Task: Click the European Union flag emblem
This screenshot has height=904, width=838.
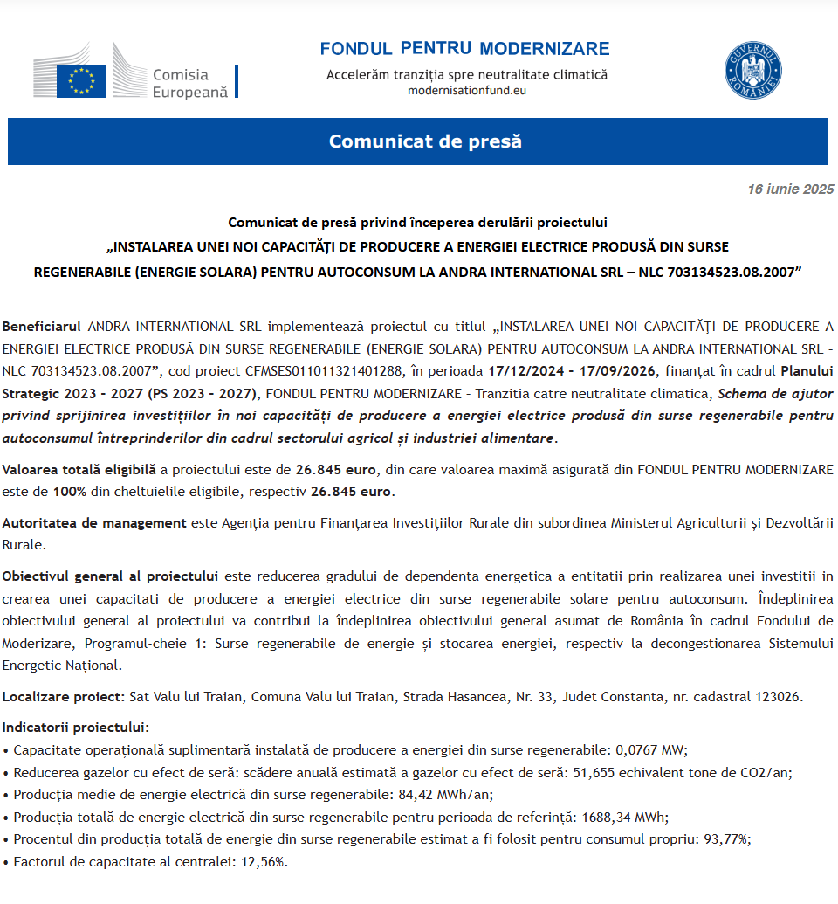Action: pos(81,80)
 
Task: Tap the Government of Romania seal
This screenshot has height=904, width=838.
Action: pos(752,71)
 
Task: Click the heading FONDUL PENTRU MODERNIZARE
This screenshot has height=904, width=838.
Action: pos(464,49)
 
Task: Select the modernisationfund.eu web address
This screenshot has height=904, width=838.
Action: pos(467,90)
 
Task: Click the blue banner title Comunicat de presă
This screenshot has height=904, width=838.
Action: pos(425,141)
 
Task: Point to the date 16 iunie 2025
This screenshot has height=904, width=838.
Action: pos(791,189)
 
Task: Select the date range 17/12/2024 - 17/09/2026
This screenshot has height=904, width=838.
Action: pos(561,369)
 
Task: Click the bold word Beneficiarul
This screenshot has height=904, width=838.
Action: pos(41,327)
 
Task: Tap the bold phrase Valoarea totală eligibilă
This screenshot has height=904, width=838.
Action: pos(79,470)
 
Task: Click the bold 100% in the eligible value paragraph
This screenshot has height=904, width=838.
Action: pos(69,491)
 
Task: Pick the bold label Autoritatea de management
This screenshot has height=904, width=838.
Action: pos(94,523)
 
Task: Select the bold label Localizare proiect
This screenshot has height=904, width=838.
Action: pos(63,697)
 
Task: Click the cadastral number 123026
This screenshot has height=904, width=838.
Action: pos(780,697)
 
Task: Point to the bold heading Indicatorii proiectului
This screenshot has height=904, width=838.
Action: pos(76,728)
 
